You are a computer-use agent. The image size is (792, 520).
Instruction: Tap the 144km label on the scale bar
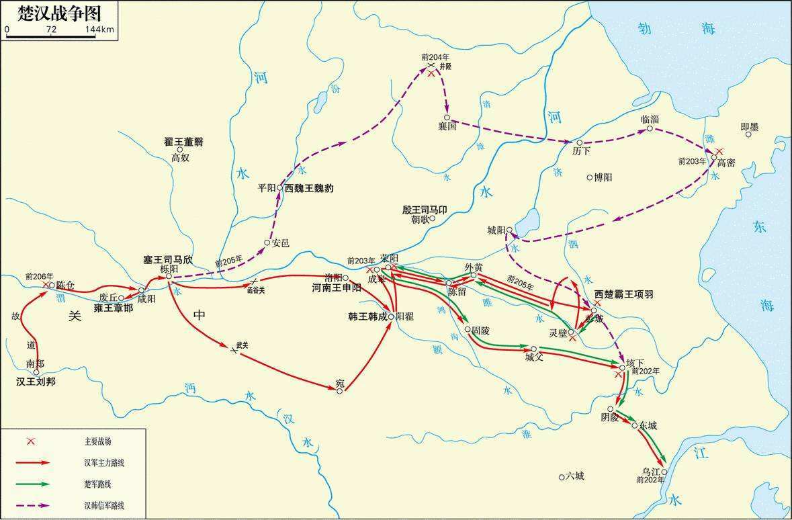(99, 30)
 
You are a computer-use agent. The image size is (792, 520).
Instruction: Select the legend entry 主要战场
(98, 441)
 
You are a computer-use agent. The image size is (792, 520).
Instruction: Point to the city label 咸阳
(146, 299)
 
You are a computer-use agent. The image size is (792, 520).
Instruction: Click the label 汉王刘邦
(36, 382)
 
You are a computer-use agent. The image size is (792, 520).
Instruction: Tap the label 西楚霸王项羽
(623, 295)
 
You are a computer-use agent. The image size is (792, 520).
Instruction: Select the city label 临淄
(650, 118)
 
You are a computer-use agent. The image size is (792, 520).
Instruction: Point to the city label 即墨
(749, 126)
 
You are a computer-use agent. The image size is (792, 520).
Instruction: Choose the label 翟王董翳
(183, 142)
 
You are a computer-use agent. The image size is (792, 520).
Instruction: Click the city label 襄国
(447, 126)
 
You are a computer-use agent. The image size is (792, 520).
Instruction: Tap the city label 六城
(574, 476)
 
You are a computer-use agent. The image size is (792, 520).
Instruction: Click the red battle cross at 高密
(719, 152)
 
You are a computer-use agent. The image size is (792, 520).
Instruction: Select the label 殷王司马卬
(425, 210)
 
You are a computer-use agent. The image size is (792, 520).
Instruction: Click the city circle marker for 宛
(340, 391)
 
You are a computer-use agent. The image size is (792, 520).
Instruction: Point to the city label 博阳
(603, 177)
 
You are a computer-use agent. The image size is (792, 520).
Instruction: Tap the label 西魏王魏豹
(308, 189)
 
